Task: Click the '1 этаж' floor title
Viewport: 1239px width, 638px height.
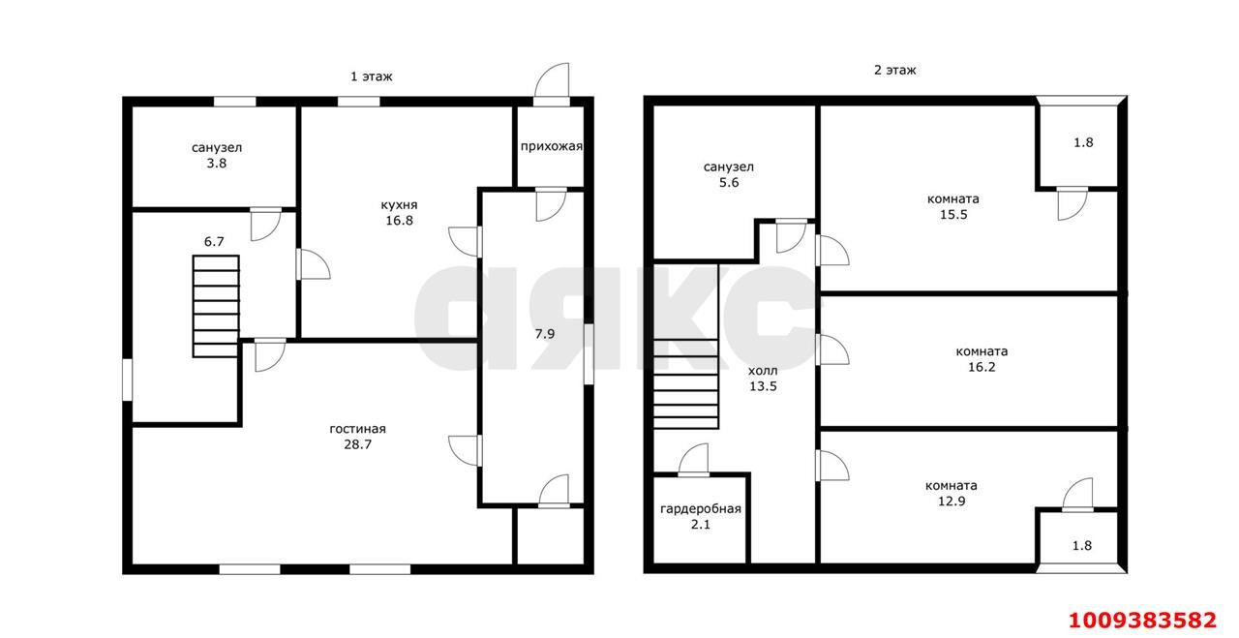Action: pyautogui.click(x=371, y=76)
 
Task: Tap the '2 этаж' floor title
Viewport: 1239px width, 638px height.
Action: pyautogui.click(x=894, y=71)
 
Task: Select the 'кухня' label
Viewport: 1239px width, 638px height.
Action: pyautogui.click(x=399, y=204)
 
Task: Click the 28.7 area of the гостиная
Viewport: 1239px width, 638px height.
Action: pyautogui.click(x=357, y=444)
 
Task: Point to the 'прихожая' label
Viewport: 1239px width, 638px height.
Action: pyautogui.click(x=551, y=146)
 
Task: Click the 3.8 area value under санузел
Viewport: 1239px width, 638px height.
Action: pyautogui.click(x=216, y=164)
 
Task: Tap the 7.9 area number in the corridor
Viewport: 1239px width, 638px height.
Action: pyautogui.click(x=544, y=334)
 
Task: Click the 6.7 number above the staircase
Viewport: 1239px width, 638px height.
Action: pyautogui.click(x=214, y=242)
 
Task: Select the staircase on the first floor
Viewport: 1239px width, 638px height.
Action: pyautogui.click(x=216, y=306)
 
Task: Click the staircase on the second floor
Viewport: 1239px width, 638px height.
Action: pyautogui.click(x=685, y=346)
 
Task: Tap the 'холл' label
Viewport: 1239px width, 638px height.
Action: pyautogui.click(x=763, y=370)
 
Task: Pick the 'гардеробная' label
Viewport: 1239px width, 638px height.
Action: pyautogui.click(x=700, y=508)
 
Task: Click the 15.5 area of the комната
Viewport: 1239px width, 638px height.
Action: pyautogui.click(x=953, y=215)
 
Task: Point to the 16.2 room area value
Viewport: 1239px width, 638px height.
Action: pyautogui.click(x=982, y=367)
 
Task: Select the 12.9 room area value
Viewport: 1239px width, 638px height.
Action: pyautogui.click(x=952, y=501)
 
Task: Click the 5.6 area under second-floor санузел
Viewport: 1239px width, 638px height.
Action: pyautogui.click(x=729, y=183)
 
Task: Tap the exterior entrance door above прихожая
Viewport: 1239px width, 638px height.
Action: pyautogui.click(x=552, y=84)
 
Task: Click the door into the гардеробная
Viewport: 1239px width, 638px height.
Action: pyautogui.click(x=693, y=461)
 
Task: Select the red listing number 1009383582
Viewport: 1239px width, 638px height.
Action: pyautogui.click(x=1142, y=621)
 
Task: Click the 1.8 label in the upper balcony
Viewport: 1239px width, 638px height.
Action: pyautogui.click(x=1083, y=142)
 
